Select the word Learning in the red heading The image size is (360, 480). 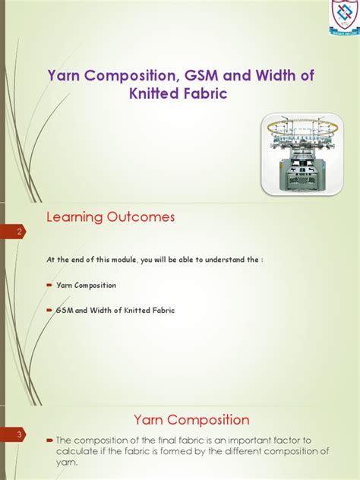pyautogui.click(x=74, y=217)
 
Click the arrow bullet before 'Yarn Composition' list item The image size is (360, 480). pyautogui.click(x=49, y=286)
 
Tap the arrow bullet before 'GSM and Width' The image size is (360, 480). pyautogui.click(x=49, y=311)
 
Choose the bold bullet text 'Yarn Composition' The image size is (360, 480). pyautogui.click(x=86, y=286)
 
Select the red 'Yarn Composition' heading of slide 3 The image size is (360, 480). pyautogui.click(x=191, y=419)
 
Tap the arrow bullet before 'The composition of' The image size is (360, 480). pyautogui.click(x=49, y=440)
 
